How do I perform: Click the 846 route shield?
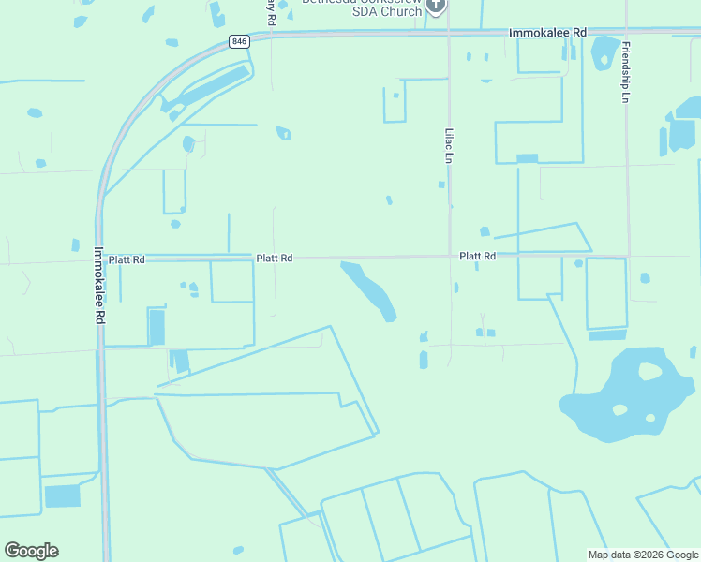coord(239,41)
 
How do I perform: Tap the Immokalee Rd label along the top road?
coord(547,33)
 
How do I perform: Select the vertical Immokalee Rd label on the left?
coord(99,285)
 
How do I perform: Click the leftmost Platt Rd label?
coord(127,259)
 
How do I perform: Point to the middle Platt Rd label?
coord(275,258)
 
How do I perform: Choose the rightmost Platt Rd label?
coord(477,256)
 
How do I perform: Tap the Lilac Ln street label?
coord(449,145)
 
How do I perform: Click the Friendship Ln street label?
coord(625,72)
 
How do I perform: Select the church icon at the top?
coord(435,6)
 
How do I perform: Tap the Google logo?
coord(31,551)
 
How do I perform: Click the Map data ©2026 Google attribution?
coord(643,555)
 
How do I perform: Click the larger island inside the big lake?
coord(649,371)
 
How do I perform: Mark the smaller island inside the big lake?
coord(619,409)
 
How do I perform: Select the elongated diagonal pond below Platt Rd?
coord(371,290)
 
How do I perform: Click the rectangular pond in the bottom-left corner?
coord(63,496)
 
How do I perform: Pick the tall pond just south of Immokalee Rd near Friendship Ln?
coord(604,52)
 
